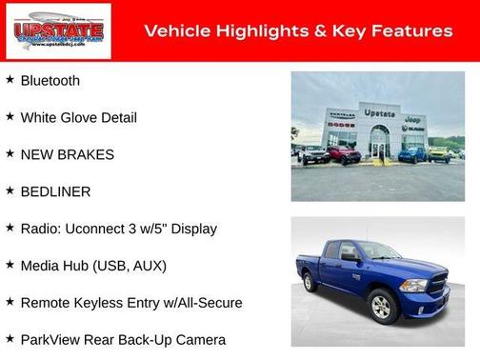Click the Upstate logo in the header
click(58, 31)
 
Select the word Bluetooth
click(50, 81)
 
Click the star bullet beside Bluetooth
click(10, 80)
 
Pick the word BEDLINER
click(56, 191)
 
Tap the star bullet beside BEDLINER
click(10, 190)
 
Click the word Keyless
click(105, 303)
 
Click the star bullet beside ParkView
click(10, 339)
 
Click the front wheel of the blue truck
click(383, 306)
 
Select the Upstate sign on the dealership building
click(380, 112)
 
